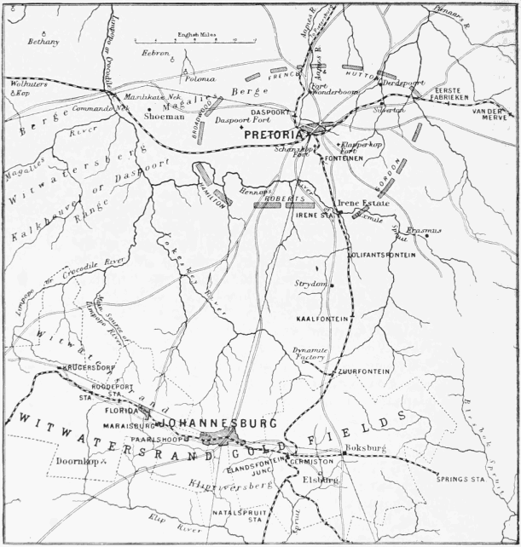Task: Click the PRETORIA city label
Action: click(274, 135)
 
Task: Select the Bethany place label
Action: click(43, 42)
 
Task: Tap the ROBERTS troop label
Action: click(283, 198)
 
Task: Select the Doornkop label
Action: click(72, 461)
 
